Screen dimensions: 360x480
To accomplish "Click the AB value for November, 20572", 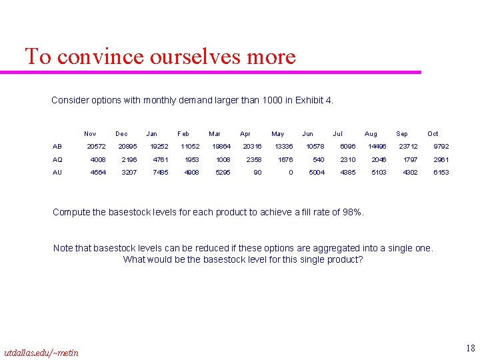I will [96, 147].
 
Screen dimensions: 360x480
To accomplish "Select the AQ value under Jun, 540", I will [319, 160].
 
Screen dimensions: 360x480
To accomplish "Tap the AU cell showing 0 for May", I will [290, 173].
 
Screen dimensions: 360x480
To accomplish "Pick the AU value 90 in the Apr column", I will [257, 173].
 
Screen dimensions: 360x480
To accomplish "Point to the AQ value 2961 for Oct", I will [441, 160].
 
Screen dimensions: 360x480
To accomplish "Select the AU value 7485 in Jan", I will [161, 173].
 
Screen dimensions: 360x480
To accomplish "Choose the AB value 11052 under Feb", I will [190, 147].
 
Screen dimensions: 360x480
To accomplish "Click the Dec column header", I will [121, 134].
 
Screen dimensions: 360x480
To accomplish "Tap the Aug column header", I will [371, 134].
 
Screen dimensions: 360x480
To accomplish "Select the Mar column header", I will [215, 134].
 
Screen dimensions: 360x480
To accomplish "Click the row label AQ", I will [57, 160].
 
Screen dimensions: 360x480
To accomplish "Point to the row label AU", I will [57, 173].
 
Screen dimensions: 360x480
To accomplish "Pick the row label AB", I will [57, 147].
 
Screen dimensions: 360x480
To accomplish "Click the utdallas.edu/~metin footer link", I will [41, 352].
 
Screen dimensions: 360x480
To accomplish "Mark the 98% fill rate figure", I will [351, 213].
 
